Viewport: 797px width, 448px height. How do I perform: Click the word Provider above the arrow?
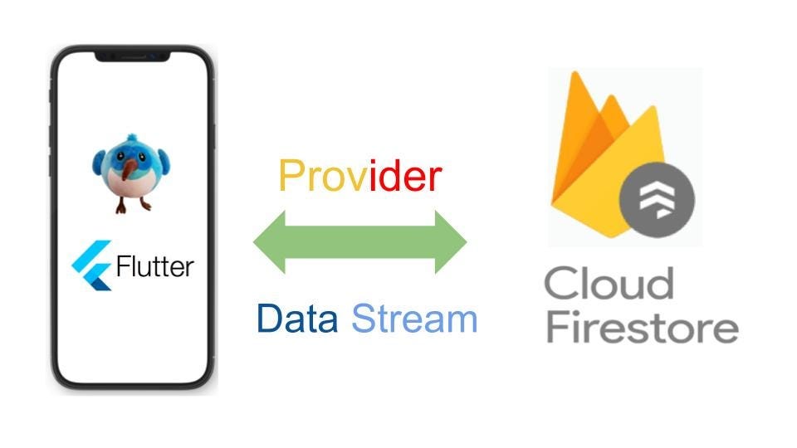pos(359,177)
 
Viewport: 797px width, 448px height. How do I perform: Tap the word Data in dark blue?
pos(296,319)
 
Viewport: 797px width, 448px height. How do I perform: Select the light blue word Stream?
pos(414,319)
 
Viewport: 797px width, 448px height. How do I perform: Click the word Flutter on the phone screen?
pos(155,266)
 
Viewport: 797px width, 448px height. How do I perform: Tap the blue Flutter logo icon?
pos(92,265)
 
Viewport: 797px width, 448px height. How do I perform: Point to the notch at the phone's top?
pos(132,56)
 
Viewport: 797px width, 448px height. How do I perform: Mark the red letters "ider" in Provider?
pos(405,177)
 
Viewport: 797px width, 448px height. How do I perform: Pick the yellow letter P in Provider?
pos(291,177)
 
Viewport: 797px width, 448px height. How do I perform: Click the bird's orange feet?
pos(134,204)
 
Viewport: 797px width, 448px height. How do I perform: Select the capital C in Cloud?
pos(562,284)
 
